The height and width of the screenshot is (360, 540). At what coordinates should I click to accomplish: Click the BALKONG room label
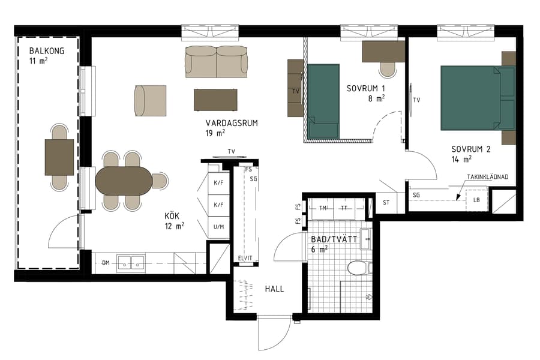[x=46, y=50]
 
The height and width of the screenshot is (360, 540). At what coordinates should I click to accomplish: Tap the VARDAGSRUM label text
[x=232, y=123]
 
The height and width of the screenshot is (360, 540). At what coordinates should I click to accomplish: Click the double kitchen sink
[x=131, y=262]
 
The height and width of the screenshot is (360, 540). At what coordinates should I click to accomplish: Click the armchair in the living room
[x=150, y=100]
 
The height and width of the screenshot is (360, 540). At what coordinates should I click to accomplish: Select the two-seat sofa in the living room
[x=216, y=61]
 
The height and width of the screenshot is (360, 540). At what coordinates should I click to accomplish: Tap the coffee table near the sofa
[x=215, y=99]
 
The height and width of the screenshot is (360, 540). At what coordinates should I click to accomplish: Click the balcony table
[x=59, y=157]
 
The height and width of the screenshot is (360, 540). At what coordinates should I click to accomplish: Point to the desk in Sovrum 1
[x=383, y=52]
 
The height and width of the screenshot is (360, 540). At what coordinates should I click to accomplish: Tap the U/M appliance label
[x=218, y=227]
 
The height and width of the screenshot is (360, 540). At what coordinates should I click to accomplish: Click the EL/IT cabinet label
[x=245, y=259]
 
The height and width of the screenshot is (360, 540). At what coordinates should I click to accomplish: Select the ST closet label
[x=386, y=202]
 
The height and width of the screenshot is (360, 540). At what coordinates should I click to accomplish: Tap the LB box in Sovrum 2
[x=477, y=200]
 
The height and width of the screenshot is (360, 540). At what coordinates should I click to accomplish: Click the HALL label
[x=274, y=289]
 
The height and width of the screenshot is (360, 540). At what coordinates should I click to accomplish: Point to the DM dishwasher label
[x=106, y=263]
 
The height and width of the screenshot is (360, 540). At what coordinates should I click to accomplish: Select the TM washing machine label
[x=323, y=208]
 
